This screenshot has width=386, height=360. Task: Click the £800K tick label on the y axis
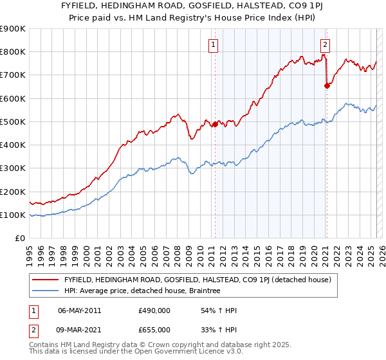click(x=13, y=52)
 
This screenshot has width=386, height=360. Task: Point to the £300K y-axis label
click(x=13, y=168)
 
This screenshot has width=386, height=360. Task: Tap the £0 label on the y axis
click(x=19, y=239)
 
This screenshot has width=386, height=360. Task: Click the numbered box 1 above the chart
click(x=214, y=44)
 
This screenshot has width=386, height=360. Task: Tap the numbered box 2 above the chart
click(x=326, y=44)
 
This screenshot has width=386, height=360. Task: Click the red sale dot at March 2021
click(x=327, y=85)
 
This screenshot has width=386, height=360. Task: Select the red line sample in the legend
click(x=46, y=280)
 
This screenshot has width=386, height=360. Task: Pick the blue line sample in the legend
click(x=46, y=291)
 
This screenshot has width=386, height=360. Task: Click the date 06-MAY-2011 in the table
click(x=79, y=310)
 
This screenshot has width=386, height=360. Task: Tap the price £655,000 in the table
click(x=154, y=329)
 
